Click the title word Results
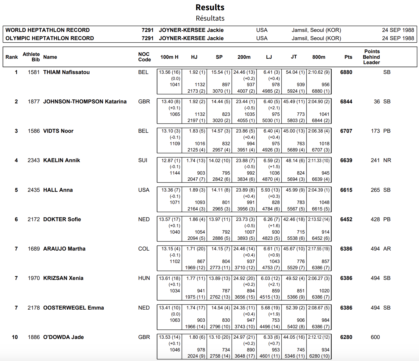210,7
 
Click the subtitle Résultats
210,18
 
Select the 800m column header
319,57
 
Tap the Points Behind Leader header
372,57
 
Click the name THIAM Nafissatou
66,72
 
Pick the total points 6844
346,102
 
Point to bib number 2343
34,160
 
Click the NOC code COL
144,249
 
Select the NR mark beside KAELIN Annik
387,160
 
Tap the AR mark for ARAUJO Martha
387,249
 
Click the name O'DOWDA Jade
63,337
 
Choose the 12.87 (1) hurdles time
171,161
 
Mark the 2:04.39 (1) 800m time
319,190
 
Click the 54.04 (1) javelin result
295,72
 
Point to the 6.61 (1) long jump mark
272,249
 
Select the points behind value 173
375,131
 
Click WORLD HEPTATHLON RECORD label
47,30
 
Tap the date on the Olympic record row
398,38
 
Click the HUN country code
144,278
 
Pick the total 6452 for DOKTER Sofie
346,219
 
